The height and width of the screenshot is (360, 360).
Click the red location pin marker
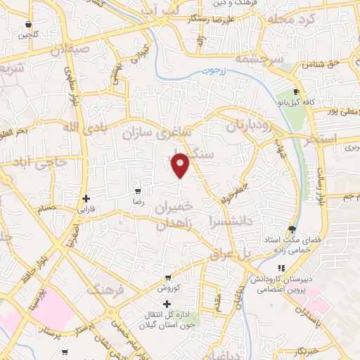(x=181, y=165)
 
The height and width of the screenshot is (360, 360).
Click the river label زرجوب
(x=208, y=73)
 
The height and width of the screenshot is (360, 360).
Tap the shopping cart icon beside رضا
(x=138, y=191)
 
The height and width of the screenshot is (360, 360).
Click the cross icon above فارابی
(x=86, y=199)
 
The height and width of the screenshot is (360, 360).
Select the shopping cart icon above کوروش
(x=167, y=278)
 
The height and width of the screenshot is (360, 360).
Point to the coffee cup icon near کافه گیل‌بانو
(x=296, y=92)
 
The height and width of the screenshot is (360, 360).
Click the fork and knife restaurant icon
(x=281, y=268)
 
